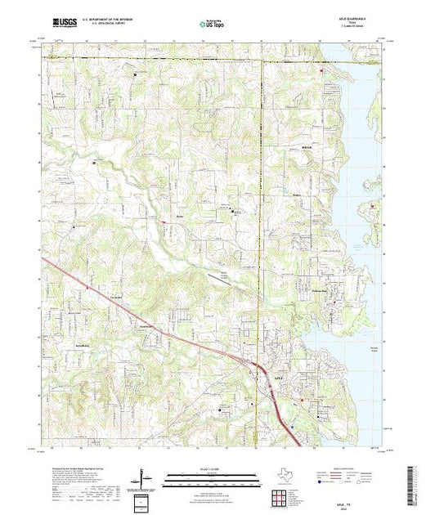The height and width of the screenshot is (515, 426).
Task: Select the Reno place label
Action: (x=180, y=216)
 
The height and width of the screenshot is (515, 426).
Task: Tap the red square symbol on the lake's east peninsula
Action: (x=374, y=206)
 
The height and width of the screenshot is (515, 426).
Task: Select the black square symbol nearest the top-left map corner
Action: (x=136, y=73)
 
